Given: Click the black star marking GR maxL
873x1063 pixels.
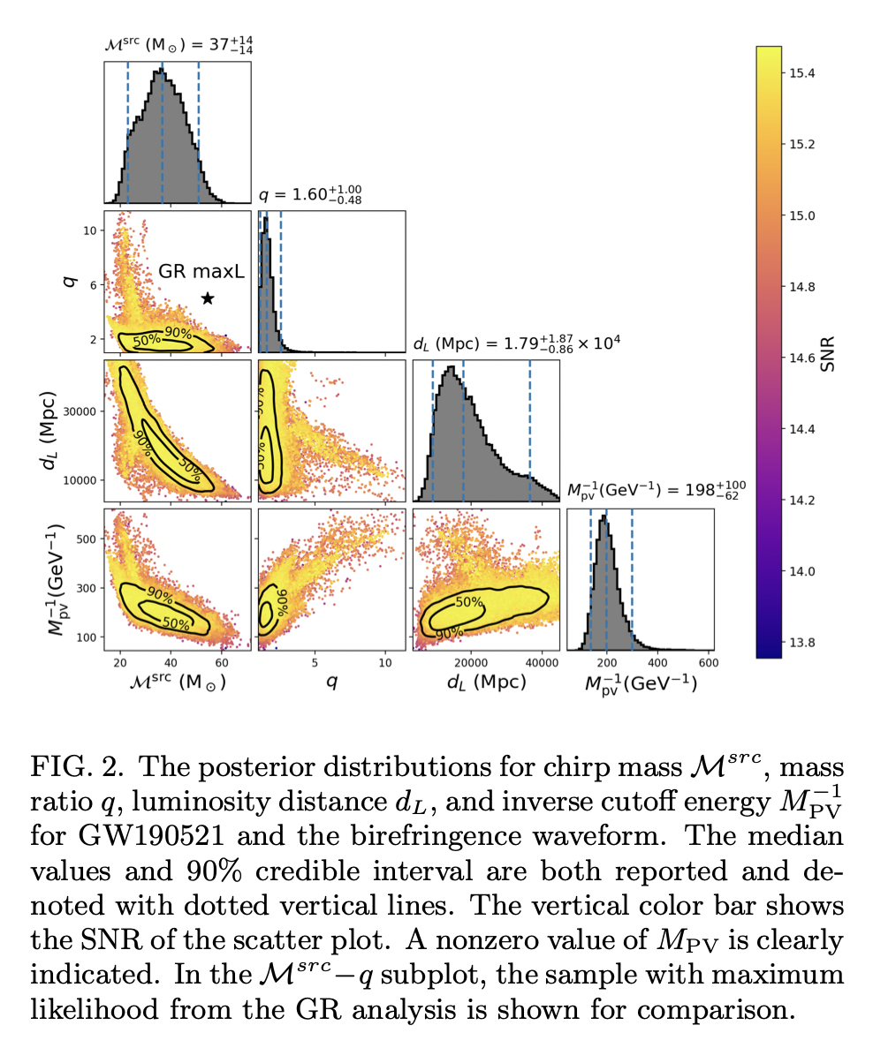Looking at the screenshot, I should [208, 298].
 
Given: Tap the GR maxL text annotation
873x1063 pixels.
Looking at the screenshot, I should [201, 273].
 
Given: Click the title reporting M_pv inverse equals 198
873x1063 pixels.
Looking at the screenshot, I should [654, 490].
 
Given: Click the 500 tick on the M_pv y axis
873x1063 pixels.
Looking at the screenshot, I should [87, 538].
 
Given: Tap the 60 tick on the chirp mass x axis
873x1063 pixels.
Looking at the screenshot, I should [222, 663].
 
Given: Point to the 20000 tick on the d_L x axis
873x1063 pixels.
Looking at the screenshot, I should [472, 663].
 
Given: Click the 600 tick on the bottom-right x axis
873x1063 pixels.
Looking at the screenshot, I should [707, 663].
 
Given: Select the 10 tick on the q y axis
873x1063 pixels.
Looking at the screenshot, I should [88, 230].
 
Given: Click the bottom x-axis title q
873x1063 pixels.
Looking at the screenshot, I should [331, 683].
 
